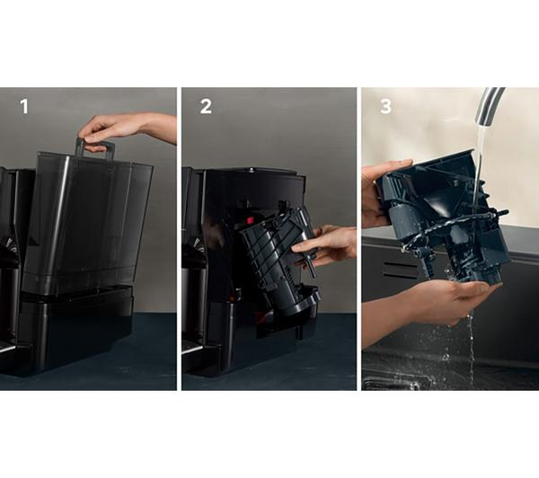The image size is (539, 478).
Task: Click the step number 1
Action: (24, 107)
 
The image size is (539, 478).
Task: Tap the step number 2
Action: (206, 107)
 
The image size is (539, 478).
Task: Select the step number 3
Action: (386, 107)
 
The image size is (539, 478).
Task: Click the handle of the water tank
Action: (94, 148)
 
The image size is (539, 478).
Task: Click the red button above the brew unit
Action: (250, 220)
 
